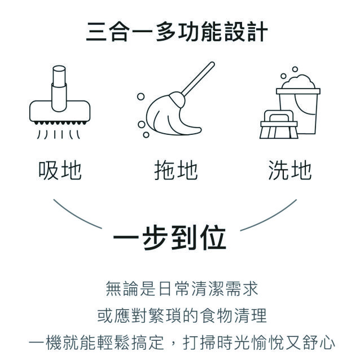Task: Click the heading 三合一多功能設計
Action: (177, 32)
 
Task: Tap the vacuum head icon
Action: (60, 102)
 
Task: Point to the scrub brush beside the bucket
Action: (279, 125)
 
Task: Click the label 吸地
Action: (60, 170)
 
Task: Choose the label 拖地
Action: (176, 170)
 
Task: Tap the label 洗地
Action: (290, 170)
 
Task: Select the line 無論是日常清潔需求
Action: (182, 288)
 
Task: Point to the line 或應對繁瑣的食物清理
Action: (182, 315)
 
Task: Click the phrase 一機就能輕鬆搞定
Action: (96, 343)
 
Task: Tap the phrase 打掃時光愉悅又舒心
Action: (259, 343)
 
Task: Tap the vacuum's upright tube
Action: (59, 89)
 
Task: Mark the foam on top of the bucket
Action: (298, 81)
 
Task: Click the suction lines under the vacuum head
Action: (59, 134)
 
